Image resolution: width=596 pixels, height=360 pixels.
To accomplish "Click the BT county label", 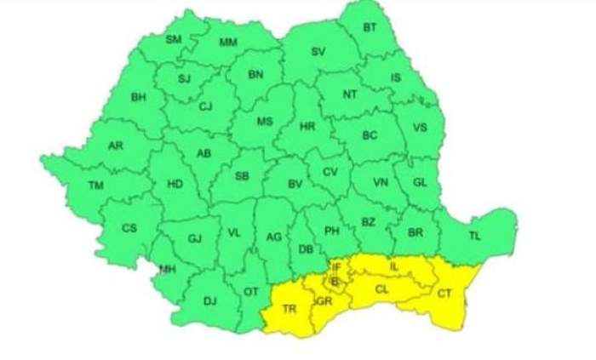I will [x=370, y=28].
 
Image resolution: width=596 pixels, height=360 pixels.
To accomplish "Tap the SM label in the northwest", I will [x=174, y=39].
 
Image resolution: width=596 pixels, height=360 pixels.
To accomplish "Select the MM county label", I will [x=228, y=43].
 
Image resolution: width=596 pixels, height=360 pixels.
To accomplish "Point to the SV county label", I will [x=318, y=52].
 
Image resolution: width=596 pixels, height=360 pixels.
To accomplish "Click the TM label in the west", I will [x=95, y=185].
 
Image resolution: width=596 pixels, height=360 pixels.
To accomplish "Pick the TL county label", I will [x=474, y=236].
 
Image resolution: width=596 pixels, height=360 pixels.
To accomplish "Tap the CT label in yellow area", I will [x=444, y=294].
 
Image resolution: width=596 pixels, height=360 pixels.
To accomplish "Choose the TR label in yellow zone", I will [x=289, y=308].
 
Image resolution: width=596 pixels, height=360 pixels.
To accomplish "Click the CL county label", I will [x=382, y=289].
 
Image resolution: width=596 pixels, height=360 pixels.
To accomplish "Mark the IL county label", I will [x=393, y=266].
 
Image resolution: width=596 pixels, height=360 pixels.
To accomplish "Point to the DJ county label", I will [x=210, y=300].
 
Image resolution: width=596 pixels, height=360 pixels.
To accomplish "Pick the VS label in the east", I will [x=419, y=129].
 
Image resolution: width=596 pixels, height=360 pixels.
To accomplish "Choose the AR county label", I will [x=116, y=146].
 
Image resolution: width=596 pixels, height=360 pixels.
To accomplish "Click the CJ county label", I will [x=205, y=106].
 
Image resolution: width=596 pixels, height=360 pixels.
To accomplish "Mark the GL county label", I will [x=420, y=182].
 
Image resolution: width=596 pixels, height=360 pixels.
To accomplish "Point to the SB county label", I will [x=243, y=177].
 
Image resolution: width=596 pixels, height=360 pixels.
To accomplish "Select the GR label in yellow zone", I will [x=324, y=301].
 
